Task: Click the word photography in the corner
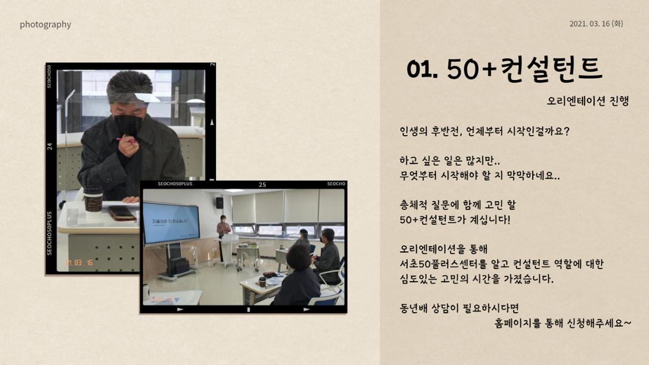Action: (x=45, y=24)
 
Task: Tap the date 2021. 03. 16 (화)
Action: (x=596, y=24)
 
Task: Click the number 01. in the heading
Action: (x=422, y=69)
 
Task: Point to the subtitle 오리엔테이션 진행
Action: (x=587, y=102)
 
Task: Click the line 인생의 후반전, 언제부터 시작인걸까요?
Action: (x=484, y=132)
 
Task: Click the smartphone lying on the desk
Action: (x=122, y=212)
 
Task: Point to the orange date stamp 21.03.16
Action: (x=79, y=262)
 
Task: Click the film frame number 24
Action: (x=50, y=146)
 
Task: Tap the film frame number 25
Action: (x=262, y=185)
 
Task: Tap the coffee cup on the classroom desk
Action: (x=262, y=281)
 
